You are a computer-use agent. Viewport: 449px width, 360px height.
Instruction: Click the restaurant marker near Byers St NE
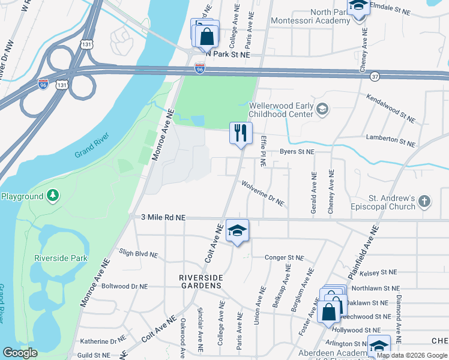coord(241,133)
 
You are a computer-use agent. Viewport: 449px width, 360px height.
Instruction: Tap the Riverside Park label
coord(61,259)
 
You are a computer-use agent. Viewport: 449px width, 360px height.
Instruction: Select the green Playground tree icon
coord(53,196)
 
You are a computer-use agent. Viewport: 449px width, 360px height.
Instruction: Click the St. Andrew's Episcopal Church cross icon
coord(424,201)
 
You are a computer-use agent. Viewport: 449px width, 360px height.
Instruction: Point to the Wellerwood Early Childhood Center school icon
coord(322,109)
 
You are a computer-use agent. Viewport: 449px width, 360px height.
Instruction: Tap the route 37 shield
coord(375,76)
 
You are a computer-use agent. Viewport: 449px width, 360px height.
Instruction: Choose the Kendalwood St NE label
coord(390,107)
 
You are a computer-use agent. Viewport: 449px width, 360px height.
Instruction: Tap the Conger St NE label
coord(285,258)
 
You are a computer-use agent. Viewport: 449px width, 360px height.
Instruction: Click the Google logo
coord(20,353)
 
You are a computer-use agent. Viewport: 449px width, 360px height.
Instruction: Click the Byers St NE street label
coord(297,152)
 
